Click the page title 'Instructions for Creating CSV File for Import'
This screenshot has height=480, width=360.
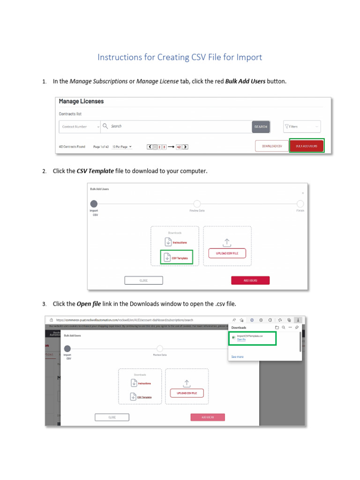click(180, 57)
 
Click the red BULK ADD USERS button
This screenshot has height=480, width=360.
click(307, 146)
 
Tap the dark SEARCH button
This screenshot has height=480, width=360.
click(261, 127)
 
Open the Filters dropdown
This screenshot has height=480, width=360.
click(302, 127)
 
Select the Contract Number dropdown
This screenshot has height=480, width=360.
click(80, 127)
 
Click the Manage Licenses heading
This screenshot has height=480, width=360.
click(81, 101)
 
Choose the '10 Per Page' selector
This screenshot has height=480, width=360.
click(122, 146)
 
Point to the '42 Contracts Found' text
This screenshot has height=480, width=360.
click(72, 146)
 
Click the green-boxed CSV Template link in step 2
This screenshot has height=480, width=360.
click(177, 258)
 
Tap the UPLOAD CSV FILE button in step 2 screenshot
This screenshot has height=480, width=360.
click(227, 253)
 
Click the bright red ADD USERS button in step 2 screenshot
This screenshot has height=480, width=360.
click(250, 280)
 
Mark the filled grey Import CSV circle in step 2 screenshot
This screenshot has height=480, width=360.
click(94, 204)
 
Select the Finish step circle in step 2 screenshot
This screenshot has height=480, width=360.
click(300, 204)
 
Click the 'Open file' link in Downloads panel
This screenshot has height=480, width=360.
click(241, 339)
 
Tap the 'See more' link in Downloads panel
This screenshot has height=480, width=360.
click(237, 357)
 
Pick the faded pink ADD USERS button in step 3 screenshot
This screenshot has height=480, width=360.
click(208, 417)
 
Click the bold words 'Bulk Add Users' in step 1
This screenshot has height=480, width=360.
click(245, 82)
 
